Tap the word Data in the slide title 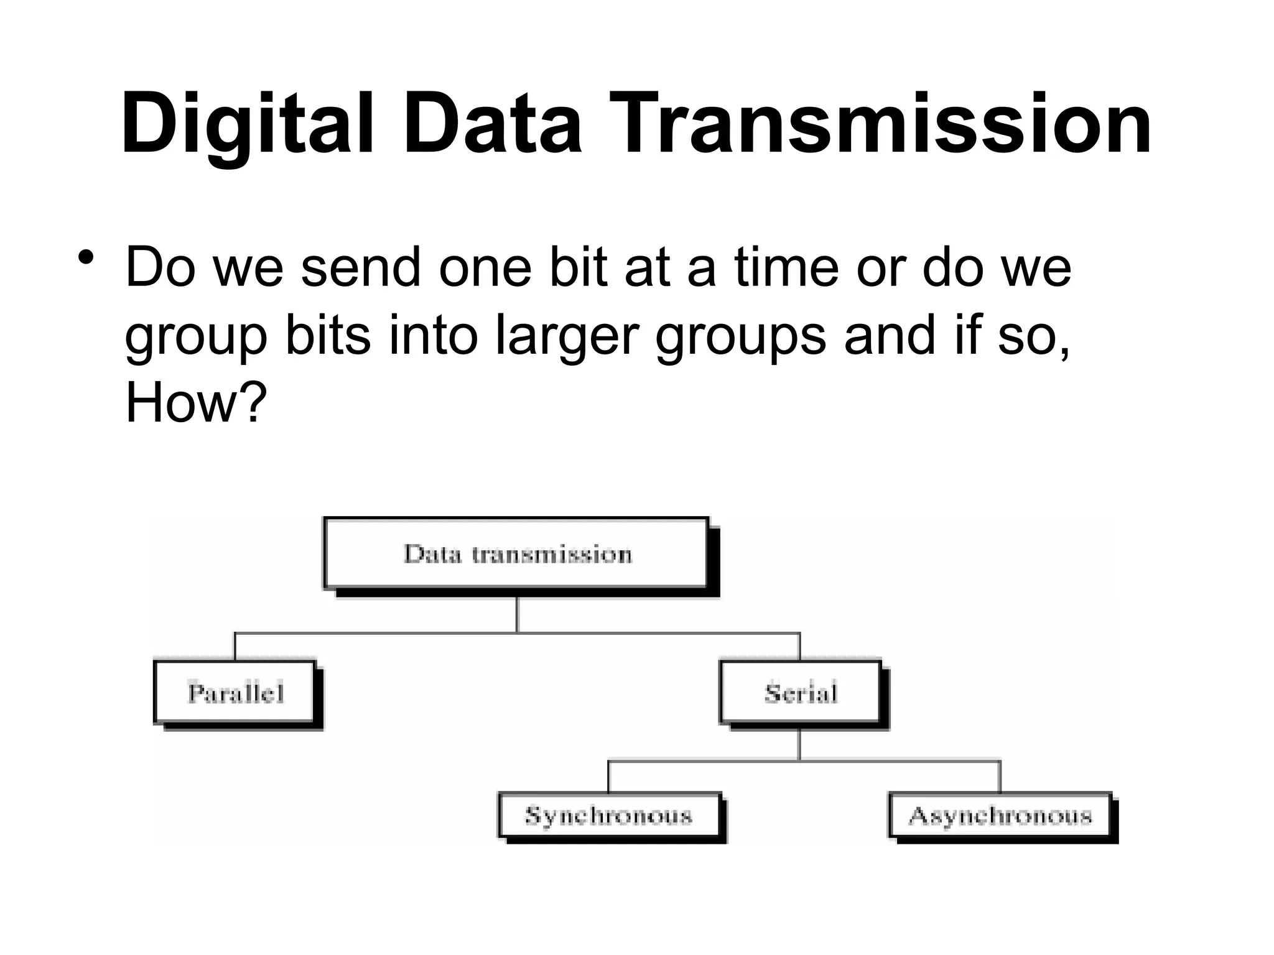click(x=493, y=124)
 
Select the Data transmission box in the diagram click(x=516, y=554)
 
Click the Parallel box click(x=235, y=693)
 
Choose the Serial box click(x=801, y=693)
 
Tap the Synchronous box click(x=608, y=815)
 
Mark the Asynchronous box click(x=1000, y=815)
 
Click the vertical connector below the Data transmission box click(x=517, y=615)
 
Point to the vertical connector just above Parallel click(x=235, y=647)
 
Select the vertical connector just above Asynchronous click(x=1000, y=776)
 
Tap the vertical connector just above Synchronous click(x=608, y=776)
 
